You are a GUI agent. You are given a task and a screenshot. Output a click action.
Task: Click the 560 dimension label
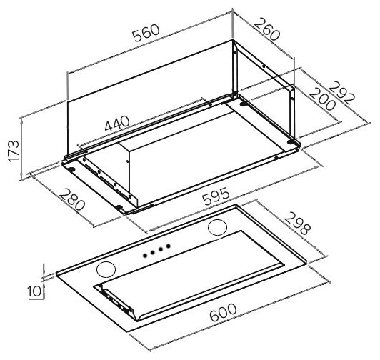coord(146,33)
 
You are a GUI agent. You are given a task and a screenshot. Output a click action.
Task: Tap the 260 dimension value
coord(267,29)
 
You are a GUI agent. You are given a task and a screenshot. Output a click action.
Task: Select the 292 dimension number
coord(343,93)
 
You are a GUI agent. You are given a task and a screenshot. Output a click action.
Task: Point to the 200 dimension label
coord(323,99)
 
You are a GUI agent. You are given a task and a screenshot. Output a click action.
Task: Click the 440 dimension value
coord(117,124)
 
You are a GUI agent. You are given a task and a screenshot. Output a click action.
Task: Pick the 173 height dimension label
coord(14,151)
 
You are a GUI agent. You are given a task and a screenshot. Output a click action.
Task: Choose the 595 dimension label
coord(216,196)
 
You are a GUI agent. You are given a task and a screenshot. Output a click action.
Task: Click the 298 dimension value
coord(297,224)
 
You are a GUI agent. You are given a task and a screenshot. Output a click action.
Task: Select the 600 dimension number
coord(223,312)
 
